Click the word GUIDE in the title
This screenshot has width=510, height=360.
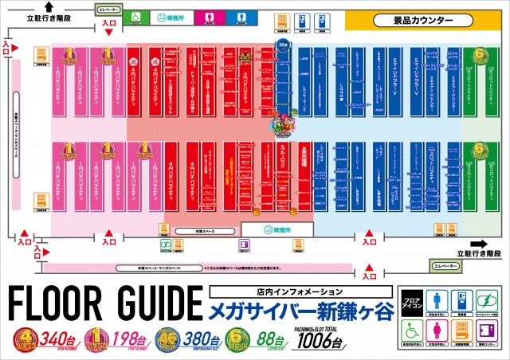156,304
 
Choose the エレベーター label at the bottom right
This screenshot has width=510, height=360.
443,264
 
